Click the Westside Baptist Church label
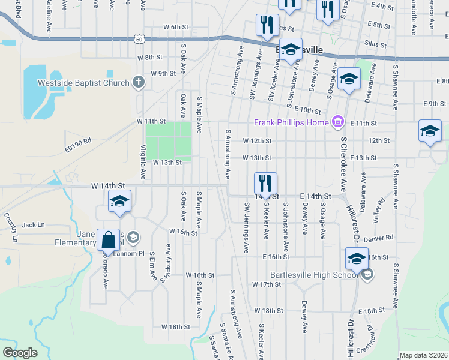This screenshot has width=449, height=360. pyautogui.click(x=83, y=83)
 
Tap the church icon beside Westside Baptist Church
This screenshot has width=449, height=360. pyautogui.click(x=139, y=82)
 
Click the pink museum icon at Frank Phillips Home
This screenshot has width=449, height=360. pyautogui.click(x=337, y=122)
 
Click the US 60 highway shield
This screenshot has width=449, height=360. pyautogui.click(x=139, y=39)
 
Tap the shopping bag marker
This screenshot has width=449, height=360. pyautogui.click(x=109, y=241)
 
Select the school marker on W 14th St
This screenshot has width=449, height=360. pyautogui.click(x=119, y=202)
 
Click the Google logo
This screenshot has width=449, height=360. pyautogui.click(x=20, y=353)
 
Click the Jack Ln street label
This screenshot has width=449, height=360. pyautogui.click(x=34, y=225)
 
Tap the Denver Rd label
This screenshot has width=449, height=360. pyautogui.click(x=382, y=238)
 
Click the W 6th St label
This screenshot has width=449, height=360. pyautogui.click(x=175, y=28)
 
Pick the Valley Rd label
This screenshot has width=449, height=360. pyautogui.click(x=379, y=211)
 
